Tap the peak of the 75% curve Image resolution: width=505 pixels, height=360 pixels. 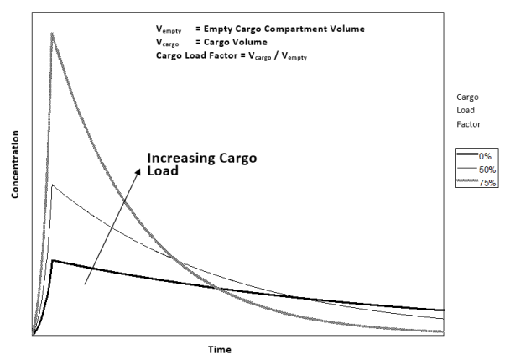(52, 33)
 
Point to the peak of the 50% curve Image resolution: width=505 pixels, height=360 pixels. (52, 184)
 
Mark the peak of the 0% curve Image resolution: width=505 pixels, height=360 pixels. (53, 260)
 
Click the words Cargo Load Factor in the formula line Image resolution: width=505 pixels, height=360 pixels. (190, 56)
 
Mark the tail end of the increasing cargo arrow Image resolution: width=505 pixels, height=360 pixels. (85, 285)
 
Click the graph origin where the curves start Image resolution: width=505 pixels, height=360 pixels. (33, 335)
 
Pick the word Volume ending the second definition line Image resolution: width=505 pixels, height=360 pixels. (252, 43)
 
